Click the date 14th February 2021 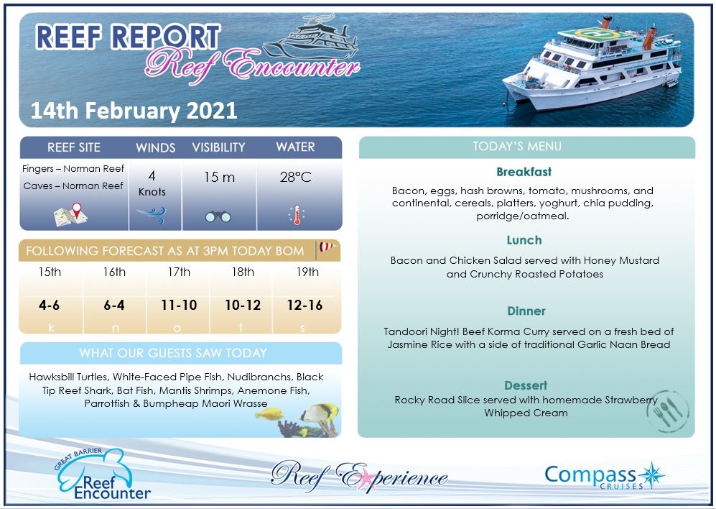click(x=134, y=111)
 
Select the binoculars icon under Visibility click(x=218, y=215)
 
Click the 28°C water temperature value click(x=296, y=177)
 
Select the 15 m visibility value click(x=218, y=177)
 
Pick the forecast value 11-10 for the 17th click(x=179, y=306)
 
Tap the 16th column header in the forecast click(x=114, y=272)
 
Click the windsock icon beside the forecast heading click(x=327, y=249)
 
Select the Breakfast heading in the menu click(x=524, y=173)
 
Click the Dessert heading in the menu click(x=526, y=385)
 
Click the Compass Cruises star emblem click(x=653, y=475)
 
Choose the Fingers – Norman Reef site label click(x=73, y=169)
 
